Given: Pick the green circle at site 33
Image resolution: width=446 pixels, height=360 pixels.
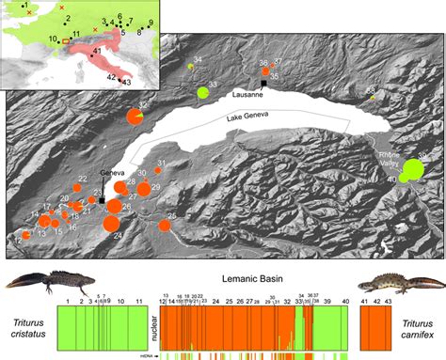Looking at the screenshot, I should pyautogui.click(x=203, y=92).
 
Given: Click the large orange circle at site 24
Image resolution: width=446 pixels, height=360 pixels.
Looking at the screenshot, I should pyautogui.click(x=111, y=224).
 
